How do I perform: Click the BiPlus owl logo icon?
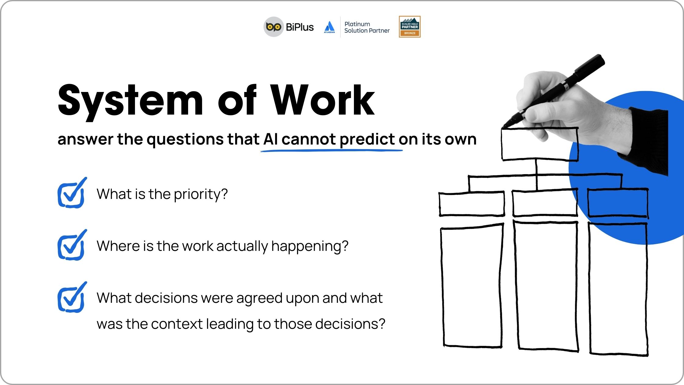(x=274, y=27)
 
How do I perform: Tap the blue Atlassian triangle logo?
(x=329, y=27)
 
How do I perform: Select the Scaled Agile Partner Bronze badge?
(x=410, y=27)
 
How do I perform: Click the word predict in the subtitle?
(x=367, y=140)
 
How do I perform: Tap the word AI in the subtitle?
(x=271, y=139)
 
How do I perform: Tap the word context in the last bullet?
(x=177, y=324)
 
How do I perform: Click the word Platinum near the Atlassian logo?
(x=357, y=24)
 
